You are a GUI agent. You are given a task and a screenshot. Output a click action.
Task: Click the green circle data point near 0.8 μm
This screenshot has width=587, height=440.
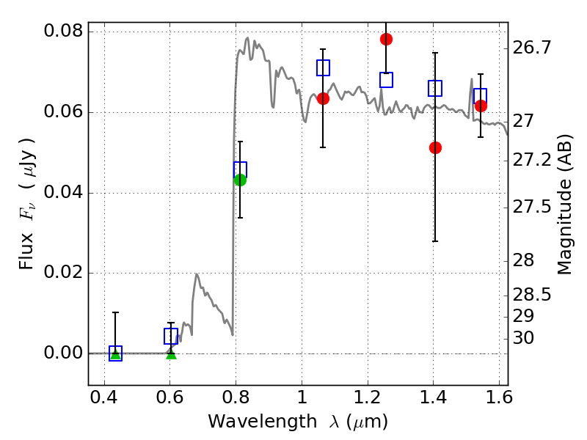tap(240, 180)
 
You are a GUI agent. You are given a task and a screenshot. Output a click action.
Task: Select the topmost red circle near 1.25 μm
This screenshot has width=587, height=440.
tap(386, 40)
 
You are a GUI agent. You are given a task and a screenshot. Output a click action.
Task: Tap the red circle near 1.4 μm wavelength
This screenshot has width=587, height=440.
tap(435, 148)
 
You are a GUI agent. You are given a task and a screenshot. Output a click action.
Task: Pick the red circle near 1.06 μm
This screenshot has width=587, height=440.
tap(323, 99)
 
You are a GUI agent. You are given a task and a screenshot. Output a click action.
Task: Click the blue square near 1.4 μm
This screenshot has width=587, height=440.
tap(435, 88)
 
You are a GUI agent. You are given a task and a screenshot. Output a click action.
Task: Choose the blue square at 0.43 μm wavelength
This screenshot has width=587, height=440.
tap(115, 353)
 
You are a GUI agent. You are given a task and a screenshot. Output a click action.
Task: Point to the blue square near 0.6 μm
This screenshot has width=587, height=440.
tap(171, 337)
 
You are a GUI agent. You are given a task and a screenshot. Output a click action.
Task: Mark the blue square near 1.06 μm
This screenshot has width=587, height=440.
tap(323, 67)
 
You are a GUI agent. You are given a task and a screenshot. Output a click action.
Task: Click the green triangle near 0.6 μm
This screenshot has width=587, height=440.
tap(171, 354)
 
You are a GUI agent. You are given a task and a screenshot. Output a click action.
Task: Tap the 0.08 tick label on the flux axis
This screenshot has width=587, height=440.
tap(63, 31)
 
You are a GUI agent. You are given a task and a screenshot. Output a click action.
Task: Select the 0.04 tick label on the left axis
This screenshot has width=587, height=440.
tap(63, 192)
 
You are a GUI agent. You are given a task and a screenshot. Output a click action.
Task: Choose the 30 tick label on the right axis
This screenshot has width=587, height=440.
tap(523, 338)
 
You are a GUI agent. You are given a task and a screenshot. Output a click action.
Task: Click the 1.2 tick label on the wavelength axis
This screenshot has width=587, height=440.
tap(368, 397)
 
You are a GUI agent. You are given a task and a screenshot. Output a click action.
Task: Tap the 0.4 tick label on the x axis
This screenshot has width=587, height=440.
tap(104, 397)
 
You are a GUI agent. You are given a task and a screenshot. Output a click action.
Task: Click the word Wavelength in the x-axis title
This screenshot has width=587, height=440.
tap(263, 422)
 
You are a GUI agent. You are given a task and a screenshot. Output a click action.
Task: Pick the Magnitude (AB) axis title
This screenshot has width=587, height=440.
tap(565, 205)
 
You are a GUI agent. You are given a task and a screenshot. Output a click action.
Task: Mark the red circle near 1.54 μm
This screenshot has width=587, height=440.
tap(481, 106)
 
